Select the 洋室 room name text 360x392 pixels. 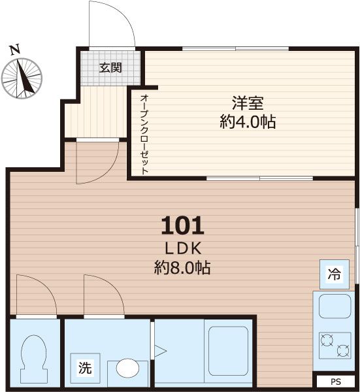tap(248, 104)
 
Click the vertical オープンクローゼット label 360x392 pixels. tap(144, 134)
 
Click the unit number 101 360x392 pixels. tap(182, 226)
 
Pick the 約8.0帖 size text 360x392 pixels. tap(182, 267)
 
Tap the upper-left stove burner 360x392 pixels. tap(325, 339)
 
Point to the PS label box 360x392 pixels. tap(335, 381)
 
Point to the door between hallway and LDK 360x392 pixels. tap(95, 160)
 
